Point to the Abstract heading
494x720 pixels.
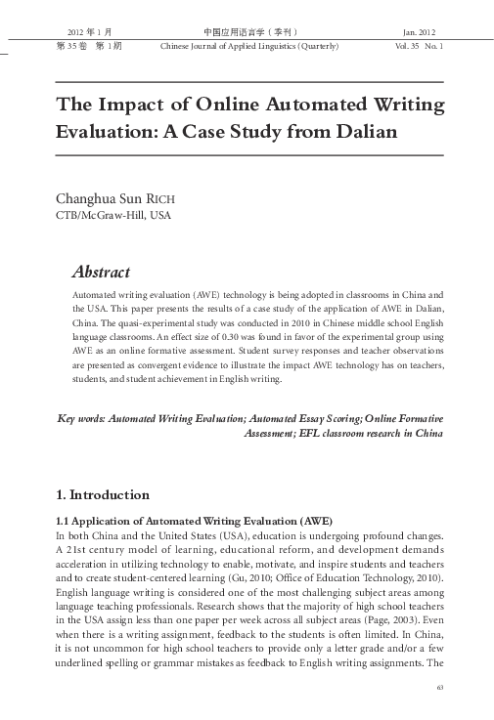(102, 272)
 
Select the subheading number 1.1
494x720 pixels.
(67, 521)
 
